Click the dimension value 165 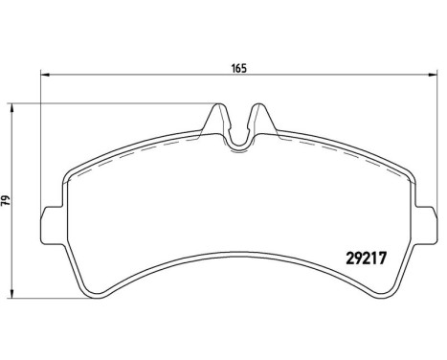pos(238,67)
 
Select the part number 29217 pos(364,256)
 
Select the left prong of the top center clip pos(219,120)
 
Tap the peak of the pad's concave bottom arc pos(239,250)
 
